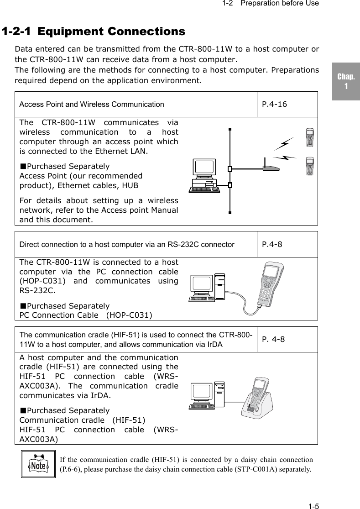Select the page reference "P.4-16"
(274, 104)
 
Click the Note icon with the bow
(38, 464)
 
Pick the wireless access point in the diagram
(271, 167)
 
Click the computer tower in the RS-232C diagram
(220, 286)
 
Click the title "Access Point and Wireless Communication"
(92, 104)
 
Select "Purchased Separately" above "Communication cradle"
(64, 411)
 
